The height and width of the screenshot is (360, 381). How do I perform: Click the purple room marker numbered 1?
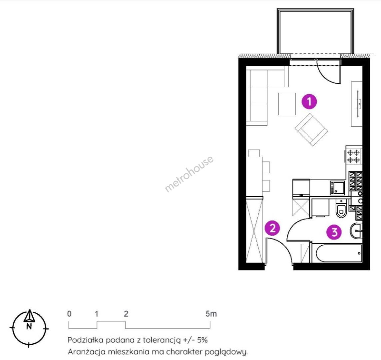[309, 101]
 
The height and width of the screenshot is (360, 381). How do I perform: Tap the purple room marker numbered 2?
[272, 228]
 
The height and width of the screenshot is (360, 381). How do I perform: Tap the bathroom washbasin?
[356, 231]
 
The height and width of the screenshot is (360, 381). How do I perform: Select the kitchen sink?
[337, 188]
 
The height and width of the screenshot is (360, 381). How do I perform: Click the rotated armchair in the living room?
[311, 130]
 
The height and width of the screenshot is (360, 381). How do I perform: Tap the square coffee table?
[287, 104]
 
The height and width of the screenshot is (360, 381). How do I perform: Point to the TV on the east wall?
[358, 104]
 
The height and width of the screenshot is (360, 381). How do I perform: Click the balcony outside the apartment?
[315, 31]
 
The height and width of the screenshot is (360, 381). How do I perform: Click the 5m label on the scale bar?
[211, 314]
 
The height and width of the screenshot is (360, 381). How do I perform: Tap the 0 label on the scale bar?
[69, 314]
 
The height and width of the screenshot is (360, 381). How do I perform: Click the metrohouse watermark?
[189, 174]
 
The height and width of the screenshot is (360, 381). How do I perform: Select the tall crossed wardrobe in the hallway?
[254, 230]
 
